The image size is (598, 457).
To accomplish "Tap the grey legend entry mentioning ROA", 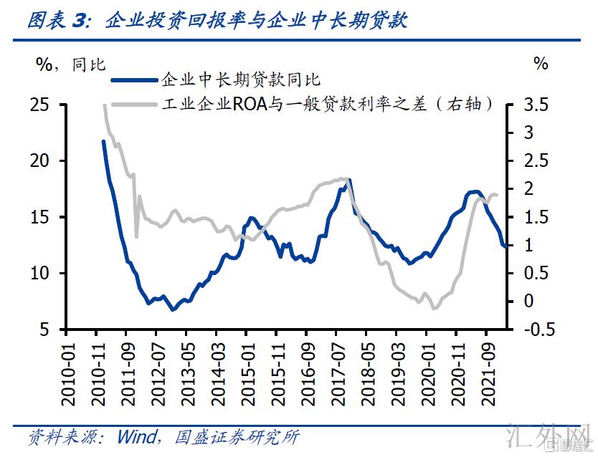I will click(x=327, y=105).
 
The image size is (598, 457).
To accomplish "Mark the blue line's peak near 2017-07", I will click(x=349, y=181).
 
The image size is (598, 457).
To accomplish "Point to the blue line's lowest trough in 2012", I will click(x=172, y=309).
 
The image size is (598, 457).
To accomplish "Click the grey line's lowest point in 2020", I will click(x=434, y=309).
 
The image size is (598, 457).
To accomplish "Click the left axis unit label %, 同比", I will click(x=70, y=64).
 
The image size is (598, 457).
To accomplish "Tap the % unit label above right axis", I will click(x=541, y=64).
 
